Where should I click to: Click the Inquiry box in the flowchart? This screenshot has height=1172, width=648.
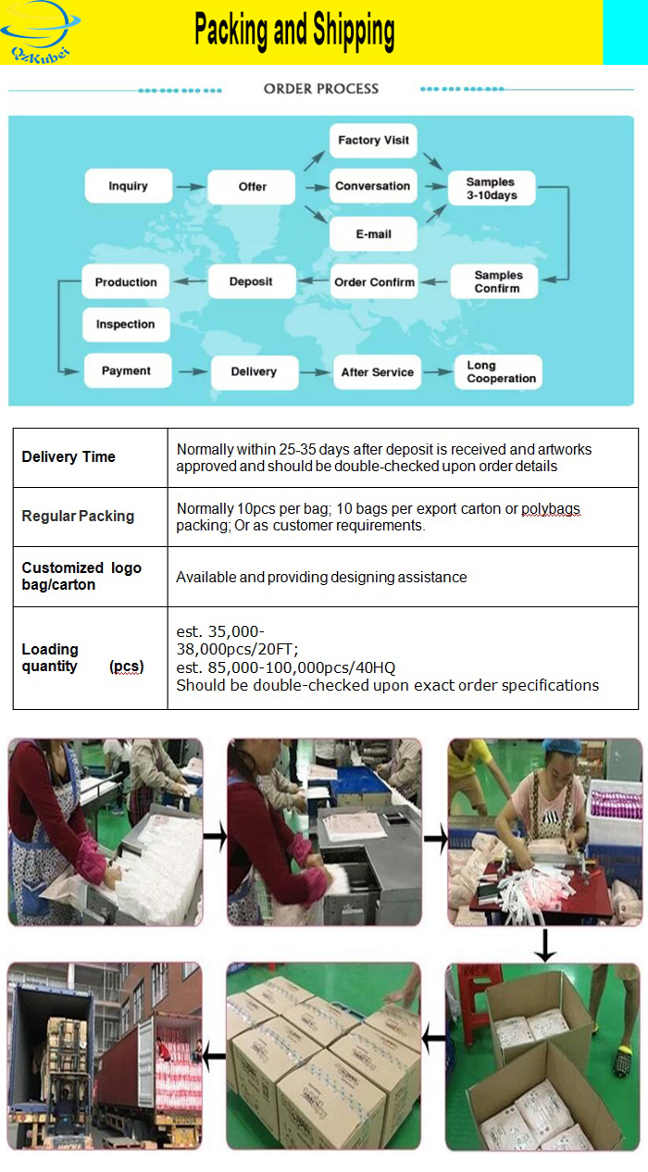point(128,186)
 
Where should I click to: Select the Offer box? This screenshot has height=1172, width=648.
point(252,186)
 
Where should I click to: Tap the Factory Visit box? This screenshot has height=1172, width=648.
point(373,141)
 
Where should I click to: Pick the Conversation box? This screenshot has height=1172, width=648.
point(372,186)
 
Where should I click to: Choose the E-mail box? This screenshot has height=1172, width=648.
point(373,234)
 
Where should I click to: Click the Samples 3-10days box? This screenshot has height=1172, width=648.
point(492,189)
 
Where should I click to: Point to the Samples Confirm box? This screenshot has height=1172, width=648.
point(498,281)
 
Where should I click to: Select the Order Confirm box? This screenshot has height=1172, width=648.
point(374,282)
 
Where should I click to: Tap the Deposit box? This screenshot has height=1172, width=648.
point(251,281)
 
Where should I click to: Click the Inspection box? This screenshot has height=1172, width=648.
point(126,325)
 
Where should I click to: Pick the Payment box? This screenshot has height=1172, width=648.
point(126,370)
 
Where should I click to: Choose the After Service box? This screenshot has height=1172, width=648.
point(377,372)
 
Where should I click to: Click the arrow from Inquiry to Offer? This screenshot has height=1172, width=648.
point(191,187)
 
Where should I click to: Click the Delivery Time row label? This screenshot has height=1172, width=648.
point(69,456)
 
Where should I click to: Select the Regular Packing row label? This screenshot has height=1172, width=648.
point(78,516)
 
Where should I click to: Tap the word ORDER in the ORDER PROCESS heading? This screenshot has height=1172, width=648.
point(286,89)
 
